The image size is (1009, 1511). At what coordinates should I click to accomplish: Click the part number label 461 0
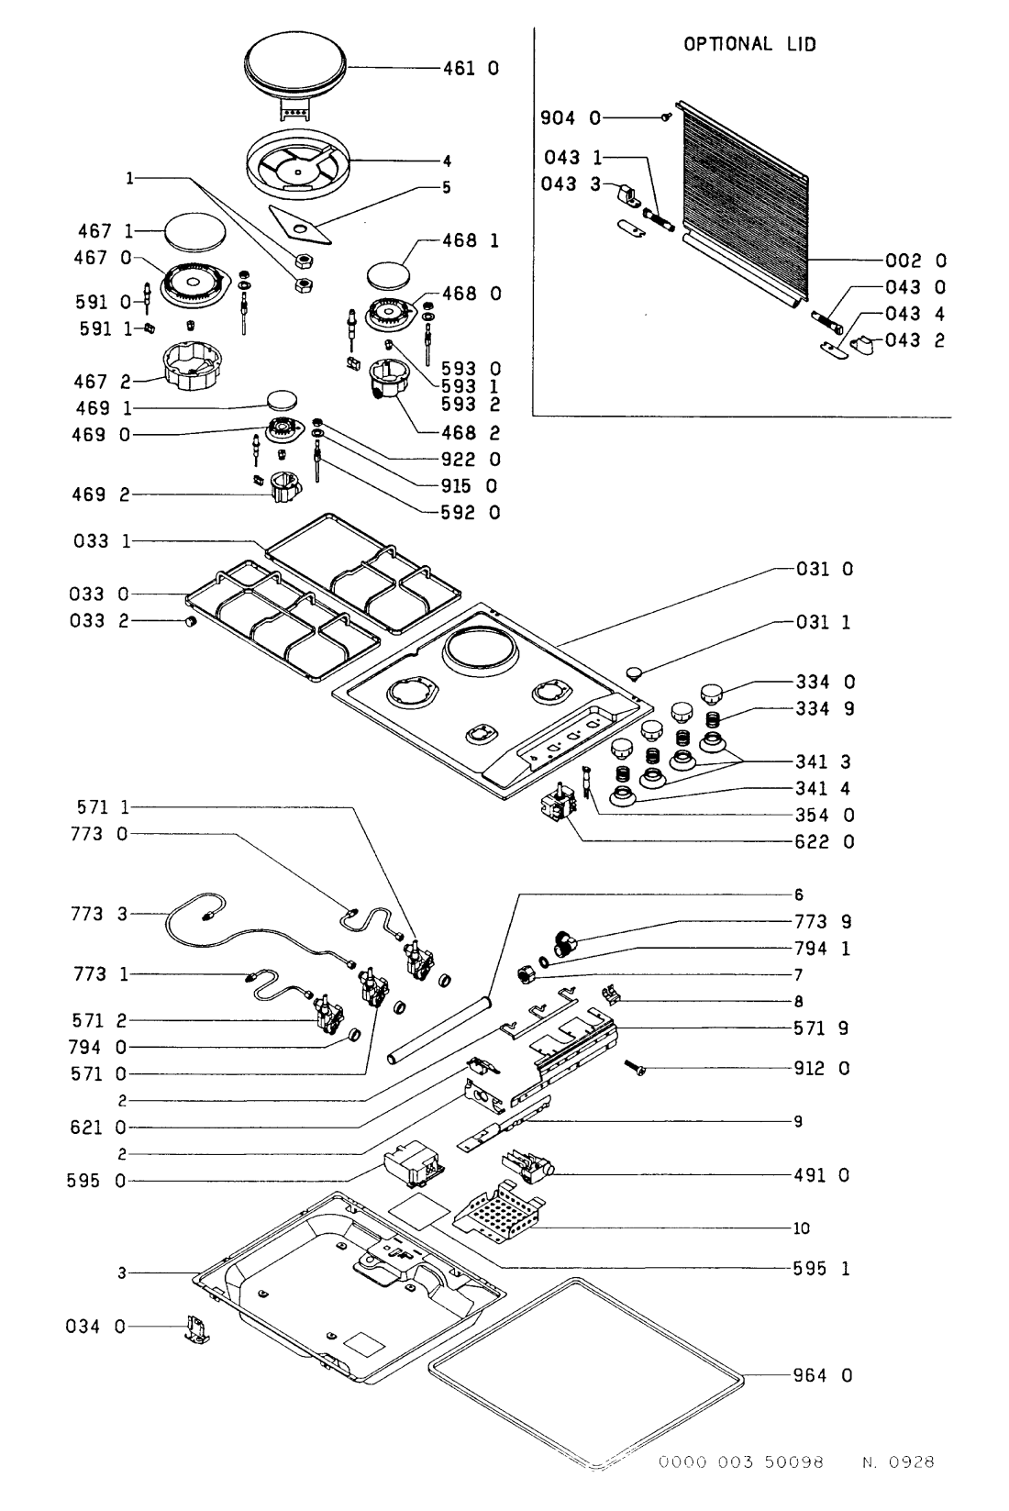click(474, 68)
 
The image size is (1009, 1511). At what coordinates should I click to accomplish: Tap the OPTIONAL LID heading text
click(748, 43)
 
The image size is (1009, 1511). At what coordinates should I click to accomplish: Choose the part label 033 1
click(103, 541)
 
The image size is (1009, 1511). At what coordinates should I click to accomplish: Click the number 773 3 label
click(102, 914)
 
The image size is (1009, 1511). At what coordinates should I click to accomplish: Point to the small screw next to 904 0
click(668, 116)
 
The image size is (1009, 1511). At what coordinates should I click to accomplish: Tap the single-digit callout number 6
click(798, 894)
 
